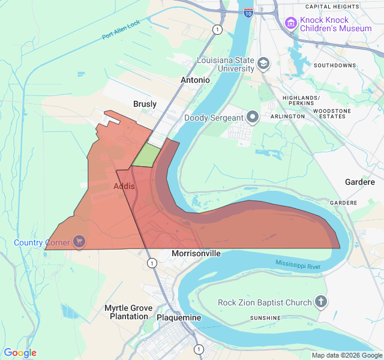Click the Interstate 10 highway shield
pos(248,12)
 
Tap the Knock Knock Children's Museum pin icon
pos(291,23)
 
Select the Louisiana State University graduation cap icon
pos(263,64)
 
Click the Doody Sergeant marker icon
pos(253,117)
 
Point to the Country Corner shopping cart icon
pos(79,242)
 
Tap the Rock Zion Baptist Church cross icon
pos(321,302)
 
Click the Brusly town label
pos(145,104)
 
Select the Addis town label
pos(124,187)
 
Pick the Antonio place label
pos(196,80)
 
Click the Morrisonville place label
pos(196,253)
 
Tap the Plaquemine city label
pos(178,317)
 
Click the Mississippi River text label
pos(298,265)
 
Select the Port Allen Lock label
pos(121,31)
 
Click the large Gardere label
pos(359,182)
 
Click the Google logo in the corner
pos(20,353)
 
